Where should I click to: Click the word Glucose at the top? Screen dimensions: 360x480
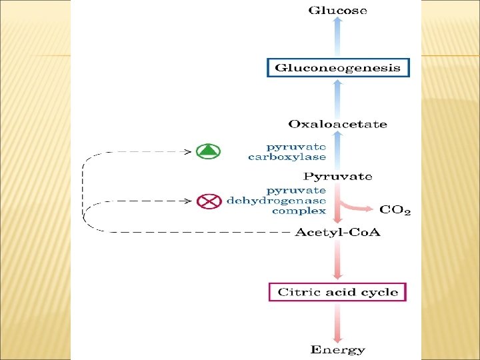[337, 11]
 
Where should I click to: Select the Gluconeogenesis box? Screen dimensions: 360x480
[338, 67]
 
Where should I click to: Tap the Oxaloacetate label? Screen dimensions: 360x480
[337, 124]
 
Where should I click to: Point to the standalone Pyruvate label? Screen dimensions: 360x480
[337, 177]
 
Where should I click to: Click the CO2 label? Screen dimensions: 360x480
[395, 211]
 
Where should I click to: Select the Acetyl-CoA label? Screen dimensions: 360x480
[337, 233]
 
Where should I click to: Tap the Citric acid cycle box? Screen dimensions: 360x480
[337, 292]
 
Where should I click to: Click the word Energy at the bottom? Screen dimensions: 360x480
[337, 349]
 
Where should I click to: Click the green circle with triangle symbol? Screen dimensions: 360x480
[209, 151]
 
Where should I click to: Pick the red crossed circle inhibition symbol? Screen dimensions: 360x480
[209, 200]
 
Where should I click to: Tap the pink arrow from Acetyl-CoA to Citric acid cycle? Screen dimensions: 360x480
[337, 261]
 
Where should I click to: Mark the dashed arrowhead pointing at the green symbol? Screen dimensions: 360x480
[188, 151]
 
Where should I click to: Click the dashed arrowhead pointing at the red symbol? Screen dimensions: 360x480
[188, 200]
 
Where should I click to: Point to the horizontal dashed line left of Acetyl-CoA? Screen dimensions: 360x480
[200, 232]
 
